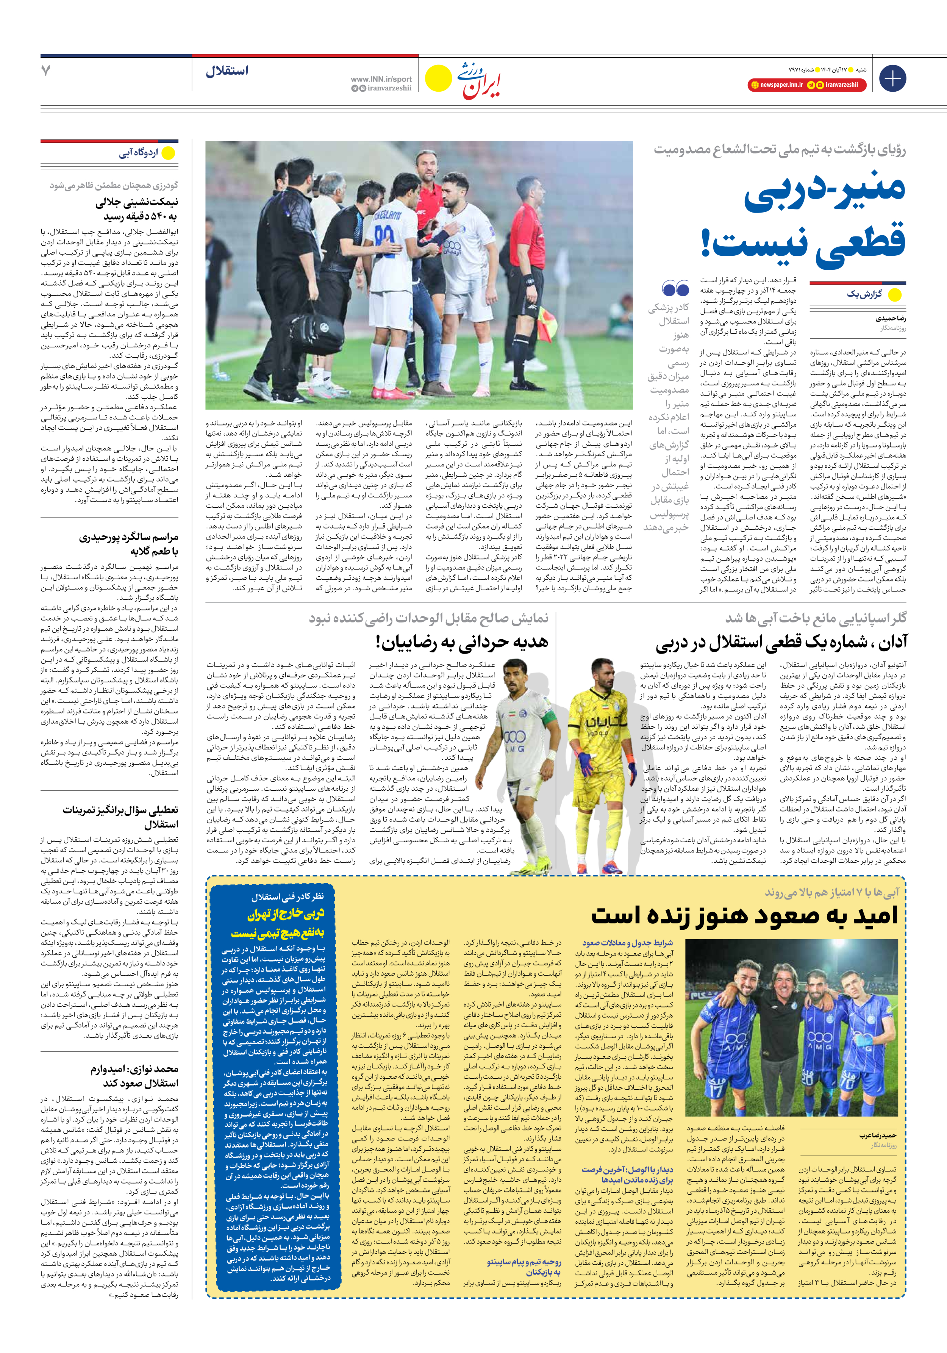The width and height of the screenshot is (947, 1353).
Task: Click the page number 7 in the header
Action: tap(46, 71)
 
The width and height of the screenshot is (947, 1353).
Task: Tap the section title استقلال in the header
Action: tap(227, 71)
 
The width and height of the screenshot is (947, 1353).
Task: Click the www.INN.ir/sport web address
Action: tap(381, 79)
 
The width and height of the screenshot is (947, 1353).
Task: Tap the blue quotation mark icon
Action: tap(675, 289)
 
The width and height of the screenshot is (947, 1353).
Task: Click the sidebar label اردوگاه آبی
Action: tap(139, 153)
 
